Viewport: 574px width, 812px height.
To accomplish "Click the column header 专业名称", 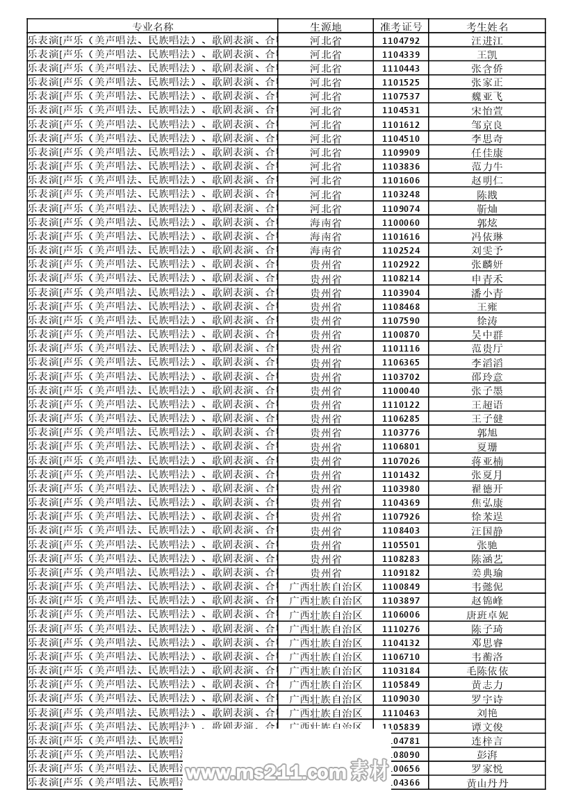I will point(153,26).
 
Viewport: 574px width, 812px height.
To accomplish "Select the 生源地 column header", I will point(325,26).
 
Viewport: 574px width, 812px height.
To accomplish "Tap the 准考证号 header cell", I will point(401,26).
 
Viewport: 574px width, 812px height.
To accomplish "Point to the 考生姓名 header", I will point(487,26).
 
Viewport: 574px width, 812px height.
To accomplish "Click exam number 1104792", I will point(401,41).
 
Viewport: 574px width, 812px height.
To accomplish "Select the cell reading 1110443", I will point(401,69).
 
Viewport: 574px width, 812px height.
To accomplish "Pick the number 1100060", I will point(401,223).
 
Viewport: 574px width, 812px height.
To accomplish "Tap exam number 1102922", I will point(401,265).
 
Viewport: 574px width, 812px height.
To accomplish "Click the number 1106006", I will point(401,615).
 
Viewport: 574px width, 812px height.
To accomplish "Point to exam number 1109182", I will point(401,573).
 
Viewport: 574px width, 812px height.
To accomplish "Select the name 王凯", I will point(487,55).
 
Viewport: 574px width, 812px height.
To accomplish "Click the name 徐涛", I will point(487,321).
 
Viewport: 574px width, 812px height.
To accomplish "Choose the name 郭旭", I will point(487,433).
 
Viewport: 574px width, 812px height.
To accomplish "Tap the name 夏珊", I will point(487,447).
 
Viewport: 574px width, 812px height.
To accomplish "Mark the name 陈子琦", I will point(487,629).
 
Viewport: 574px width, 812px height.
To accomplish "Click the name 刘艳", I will point(487,713).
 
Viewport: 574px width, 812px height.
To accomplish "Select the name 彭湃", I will point(487,754).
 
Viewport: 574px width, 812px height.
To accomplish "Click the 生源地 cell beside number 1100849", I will point(325,587).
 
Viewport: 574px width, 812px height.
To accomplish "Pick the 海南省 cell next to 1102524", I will point(325,251).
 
